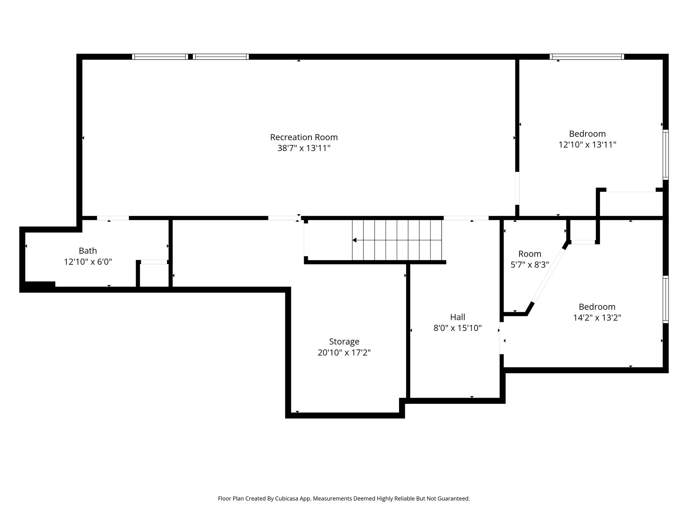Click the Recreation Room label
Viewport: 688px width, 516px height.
coord(304,137)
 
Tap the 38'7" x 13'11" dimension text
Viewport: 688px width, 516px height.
coord(304,148)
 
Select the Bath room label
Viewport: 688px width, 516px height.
coord(88,251)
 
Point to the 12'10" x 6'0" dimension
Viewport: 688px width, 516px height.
coord(88,262)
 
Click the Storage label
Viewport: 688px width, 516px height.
coord(344,342)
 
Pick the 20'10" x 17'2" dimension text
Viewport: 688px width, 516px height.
coord(344,353)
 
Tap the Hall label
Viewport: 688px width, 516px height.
coord(458,317)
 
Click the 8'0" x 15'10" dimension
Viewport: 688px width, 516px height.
coord(458,328)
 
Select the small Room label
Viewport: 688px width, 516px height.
coord(530,254)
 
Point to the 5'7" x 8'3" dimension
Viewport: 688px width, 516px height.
coord(530,265)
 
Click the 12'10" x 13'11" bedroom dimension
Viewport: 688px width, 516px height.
coord(587,145)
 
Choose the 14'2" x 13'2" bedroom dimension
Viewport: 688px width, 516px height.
coord(597,318)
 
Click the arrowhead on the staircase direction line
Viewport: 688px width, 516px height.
coord(354,240)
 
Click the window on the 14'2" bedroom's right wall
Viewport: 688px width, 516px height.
coord(665,299)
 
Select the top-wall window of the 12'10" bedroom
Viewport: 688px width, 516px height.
coord(587,57)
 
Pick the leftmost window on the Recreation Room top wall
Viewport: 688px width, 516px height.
coord(160,57)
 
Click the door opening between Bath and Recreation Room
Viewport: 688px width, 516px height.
coord(113,218)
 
